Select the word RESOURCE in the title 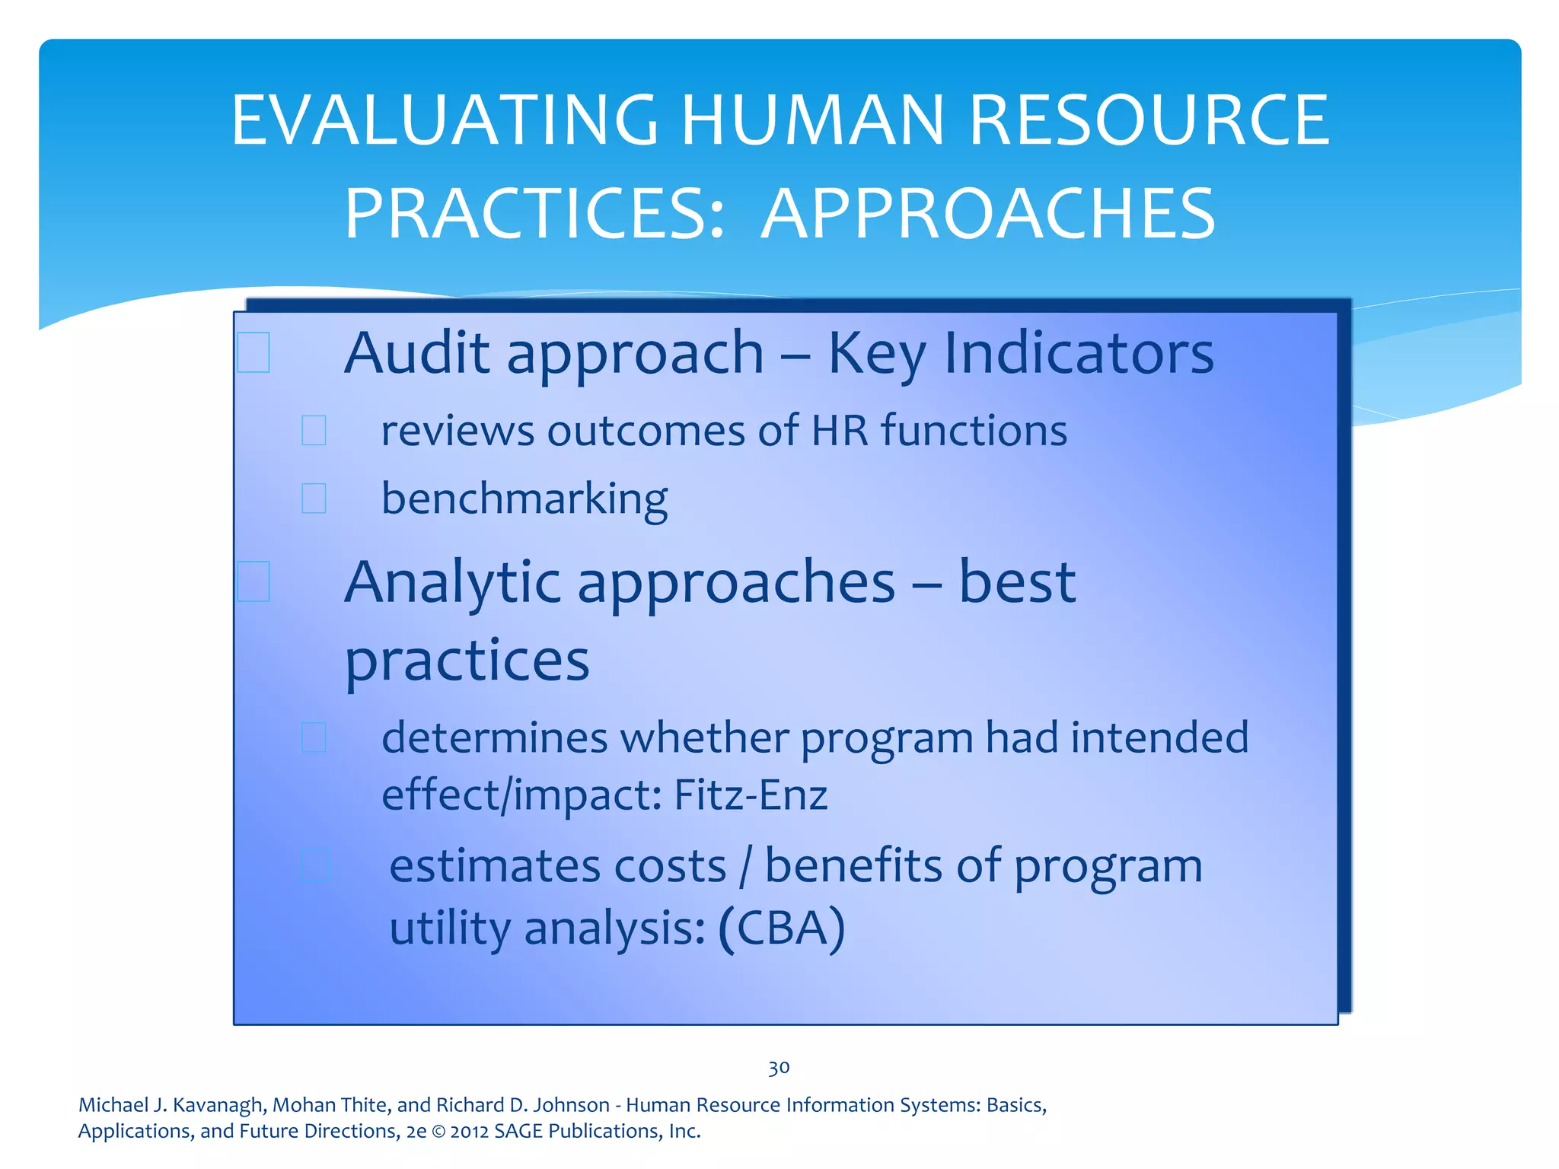pyautogui.click(x=1149, y=120)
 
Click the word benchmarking pyautogui.click(x=524, y=499)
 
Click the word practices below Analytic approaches pyautogui.click(x=467, y=661)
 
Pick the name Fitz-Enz pyautogui.click(x=751, y=795)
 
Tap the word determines pyautogui.click(x=495, y=737)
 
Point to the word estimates pyautogui.click(x=558, y=866)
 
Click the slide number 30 pyautogui.click(x=779, y=1068)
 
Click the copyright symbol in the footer pyautogui.click(x=438, y=1132)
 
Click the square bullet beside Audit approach pyautogui.click(x=253, y=352)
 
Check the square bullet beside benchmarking pyautogui.click(x=314, y=498)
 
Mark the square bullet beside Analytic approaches pyautogui.click(x=253, y=581)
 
